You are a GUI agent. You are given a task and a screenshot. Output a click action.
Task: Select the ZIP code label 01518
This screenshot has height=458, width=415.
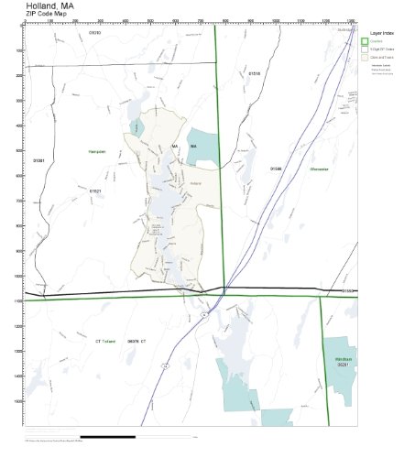[x=254, y=73]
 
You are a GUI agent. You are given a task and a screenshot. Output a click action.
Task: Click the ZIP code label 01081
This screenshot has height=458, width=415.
[x=38, y=160]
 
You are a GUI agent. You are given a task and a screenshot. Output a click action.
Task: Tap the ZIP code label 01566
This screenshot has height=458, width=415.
[x=276, y=169]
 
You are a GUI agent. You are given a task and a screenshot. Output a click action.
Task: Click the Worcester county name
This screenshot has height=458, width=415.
[x=319, y=169]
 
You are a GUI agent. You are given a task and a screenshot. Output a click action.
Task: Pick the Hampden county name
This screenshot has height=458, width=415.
[x=98, y=150]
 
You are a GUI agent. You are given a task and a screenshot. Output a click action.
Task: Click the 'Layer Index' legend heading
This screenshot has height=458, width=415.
[x=382, y=32]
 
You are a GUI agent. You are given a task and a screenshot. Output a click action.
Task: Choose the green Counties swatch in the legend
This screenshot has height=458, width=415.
[x=366, y=42]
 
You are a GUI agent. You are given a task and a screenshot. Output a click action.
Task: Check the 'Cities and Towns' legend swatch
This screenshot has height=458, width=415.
[x=366, y=57]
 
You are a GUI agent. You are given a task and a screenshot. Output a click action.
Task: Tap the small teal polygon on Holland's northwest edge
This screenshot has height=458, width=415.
[x=137, y=127]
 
